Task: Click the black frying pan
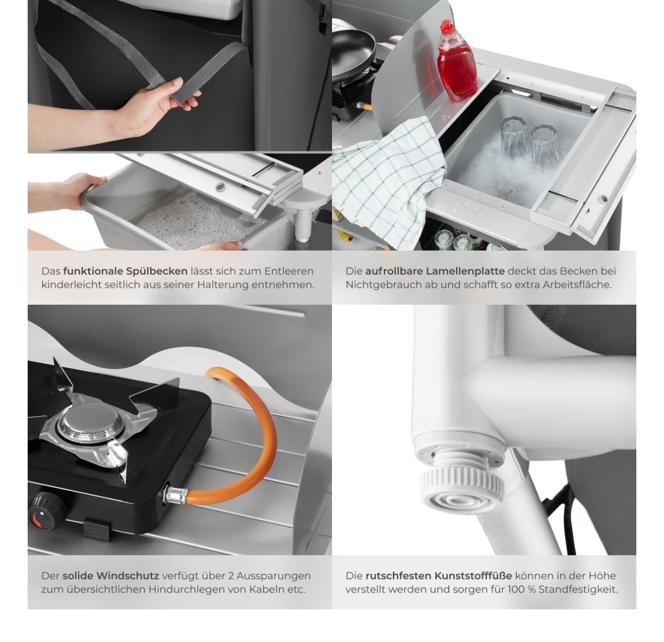[353, 51]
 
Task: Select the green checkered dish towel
[387, 178]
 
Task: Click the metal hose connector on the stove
[175, 494]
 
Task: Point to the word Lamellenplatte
[466, 271]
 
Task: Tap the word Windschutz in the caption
[128, 576]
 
